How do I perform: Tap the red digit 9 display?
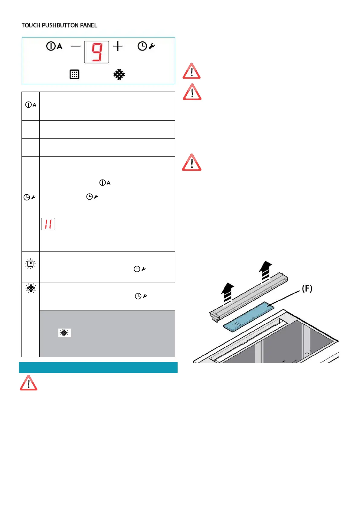(x=97, y=52)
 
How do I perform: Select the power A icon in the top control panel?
(x=54, y=46)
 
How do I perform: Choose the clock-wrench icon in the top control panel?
(x=146, y=46)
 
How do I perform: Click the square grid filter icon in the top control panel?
(x=74, y=74)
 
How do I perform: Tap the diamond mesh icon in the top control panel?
(x=119, y=74)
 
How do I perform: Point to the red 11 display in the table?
(x=48, y=224)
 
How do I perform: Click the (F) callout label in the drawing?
(x=307, y=289)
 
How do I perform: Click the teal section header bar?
(x=98, y=368)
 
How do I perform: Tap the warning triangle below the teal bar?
(x=28, y=383)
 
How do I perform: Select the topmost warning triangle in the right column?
(x=191, y=71)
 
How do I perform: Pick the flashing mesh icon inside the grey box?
(x=64, y=333)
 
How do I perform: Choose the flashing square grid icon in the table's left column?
(x=30, y=264)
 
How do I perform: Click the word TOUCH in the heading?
(x=31, y=25)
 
